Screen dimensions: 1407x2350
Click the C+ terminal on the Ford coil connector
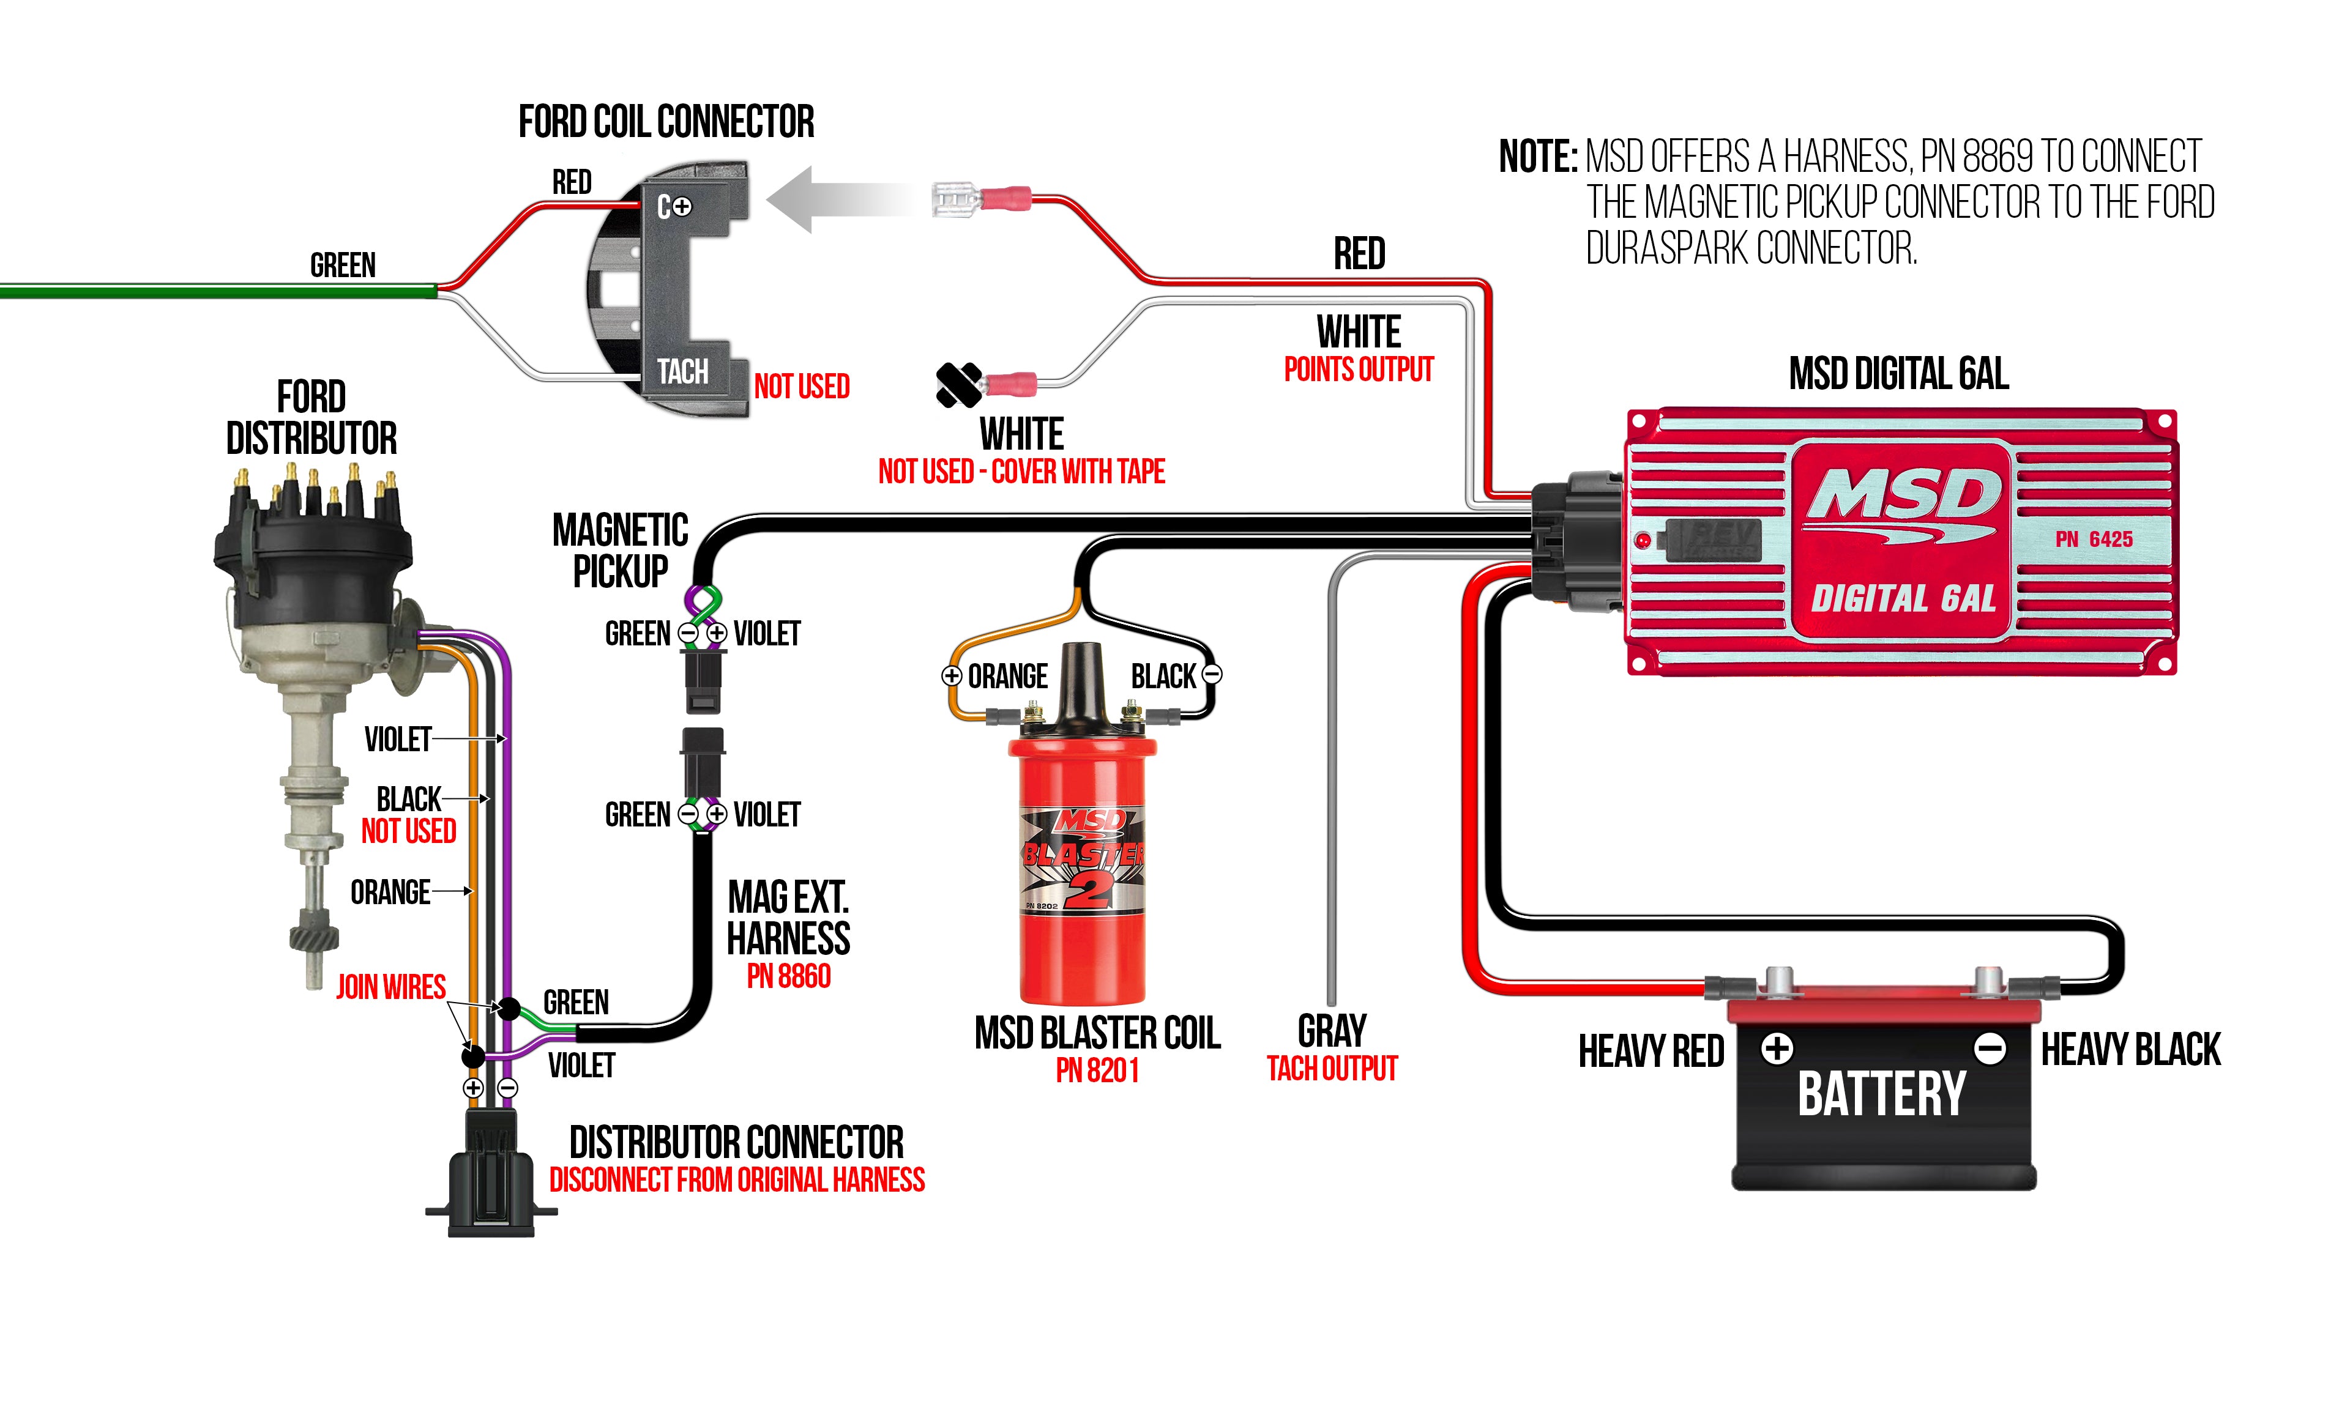coord(674,206)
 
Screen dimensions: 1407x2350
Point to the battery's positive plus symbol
coord(1776,1049)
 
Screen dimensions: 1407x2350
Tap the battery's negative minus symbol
coord(1989,1049)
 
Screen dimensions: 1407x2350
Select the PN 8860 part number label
coord(788,976)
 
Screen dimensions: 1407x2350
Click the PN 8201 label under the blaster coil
coord(1097,1071)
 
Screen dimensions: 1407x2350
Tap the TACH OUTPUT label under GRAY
coord(1332,1069)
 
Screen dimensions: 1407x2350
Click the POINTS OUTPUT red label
coord(1358,369)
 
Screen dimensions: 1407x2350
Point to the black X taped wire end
coord(959,385)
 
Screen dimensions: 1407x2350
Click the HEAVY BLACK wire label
coord(2130,1050)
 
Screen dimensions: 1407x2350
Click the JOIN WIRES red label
coord(390,987)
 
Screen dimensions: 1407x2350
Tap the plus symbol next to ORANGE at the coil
coord(951,676)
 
